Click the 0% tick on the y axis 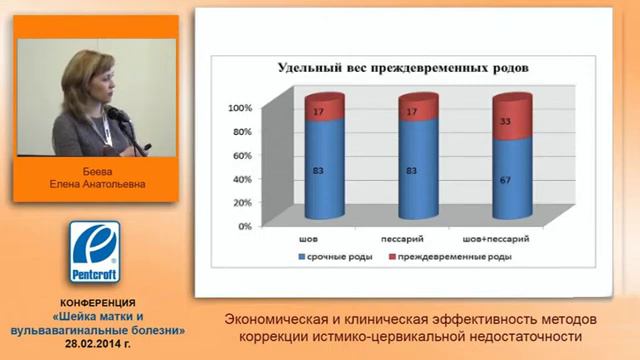[243, 227]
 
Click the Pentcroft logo [92, 252]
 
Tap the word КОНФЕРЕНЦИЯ [92, 303]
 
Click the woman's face [85, 75]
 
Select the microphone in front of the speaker [118, 114]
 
